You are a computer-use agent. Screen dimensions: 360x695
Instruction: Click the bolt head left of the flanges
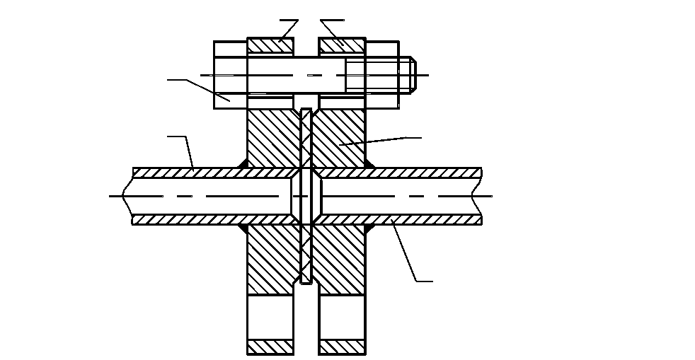[230, 75]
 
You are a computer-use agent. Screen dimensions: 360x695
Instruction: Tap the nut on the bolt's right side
[381, 75]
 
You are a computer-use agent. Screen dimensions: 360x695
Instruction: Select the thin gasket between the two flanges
[306, 195]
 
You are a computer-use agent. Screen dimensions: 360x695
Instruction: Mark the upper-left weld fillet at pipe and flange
[242, 165]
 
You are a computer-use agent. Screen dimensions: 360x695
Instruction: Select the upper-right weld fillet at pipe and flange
[369, 165]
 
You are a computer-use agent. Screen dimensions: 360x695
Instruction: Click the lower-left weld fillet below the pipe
[242, 228]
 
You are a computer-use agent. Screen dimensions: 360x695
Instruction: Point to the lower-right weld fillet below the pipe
[369, 228]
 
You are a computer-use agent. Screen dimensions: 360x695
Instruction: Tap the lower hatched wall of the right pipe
[425, 220]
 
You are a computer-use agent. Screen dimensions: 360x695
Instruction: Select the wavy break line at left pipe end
[127, 196]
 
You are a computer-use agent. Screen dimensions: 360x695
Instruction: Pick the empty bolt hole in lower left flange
[270, 318]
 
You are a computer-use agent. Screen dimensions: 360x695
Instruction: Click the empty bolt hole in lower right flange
[343, 318]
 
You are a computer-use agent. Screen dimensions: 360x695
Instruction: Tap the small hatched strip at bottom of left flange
[270, 347]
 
